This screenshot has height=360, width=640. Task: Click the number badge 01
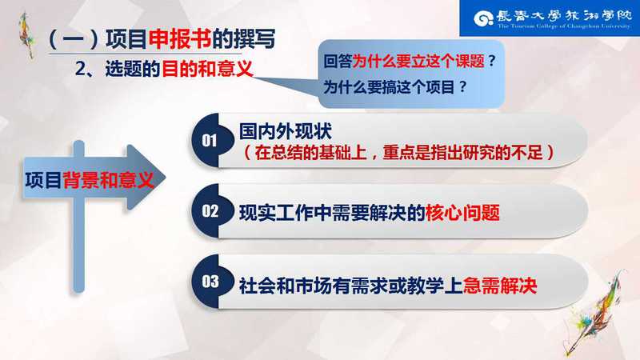click(x=210, y=141)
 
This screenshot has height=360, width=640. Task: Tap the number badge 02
click(x=210, y=211)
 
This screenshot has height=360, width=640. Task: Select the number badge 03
click(x=210, y=282)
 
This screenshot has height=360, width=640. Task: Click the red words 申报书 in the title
click(x=179, y=39)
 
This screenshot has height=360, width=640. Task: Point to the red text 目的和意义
click(x=207, y=69)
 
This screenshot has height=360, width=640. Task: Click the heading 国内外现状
click(x=286, y=131)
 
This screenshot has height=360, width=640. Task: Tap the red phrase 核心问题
click(x=462, y=213)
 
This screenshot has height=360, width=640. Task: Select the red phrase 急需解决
click(x=499, y=286)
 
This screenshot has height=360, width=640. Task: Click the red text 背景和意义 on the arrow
click(x=108, y=180)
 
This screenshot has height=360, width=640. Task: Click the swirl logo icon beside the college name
click(x=483, y=18)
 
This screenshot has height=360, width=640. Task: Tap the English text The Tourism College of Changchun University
click(x=564, y=26)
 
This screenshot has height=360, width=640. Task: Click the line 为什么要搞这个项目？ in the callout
click(x=395, y=87)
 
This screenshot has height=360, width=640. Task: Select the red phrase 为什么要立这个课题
click(x=418, y=62)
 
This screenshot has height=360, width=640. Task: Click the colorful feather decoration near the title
click(x=27, y=34)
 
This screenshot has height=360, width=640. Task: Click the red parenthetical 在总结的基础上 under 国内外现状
click(x=310, y=153)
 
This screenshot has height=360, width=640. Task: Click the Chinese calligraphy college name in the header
click(x=564, y=16)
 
